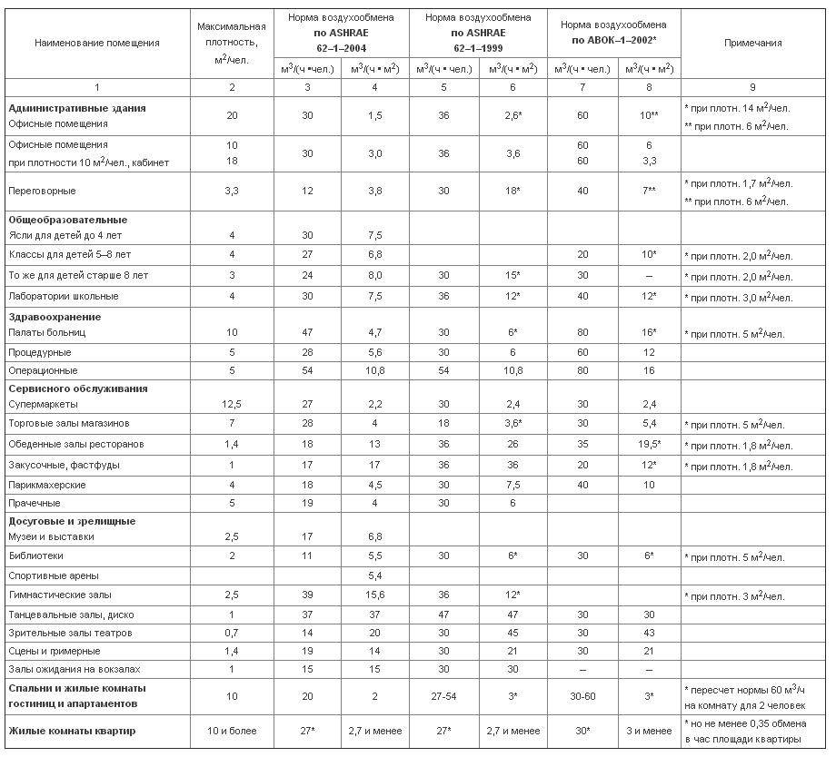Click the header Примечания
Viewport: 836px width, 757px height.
[753, 43]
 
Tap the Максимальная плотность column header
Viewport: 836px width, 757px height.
[232, 43]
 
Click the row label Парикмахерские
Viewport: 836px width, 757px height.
[47, 485]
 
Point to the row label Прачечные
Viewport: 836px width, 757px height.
[35, 503]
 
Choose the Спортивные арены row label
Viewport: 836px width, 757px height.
[54, 575]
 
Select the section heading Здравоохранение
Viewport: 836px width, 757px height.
[55, 317]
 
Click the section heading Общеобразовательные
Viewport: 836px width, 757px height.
[68, 220]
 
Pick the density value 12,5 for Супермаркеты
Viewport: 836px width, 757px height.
[232, 404]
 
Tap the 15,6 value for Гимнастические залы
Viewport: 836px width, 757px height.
[374, 595]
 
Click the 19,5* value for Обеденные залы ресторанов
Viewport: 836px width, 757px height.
[649, 445]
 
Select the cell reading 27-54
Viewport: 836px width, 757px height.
[443, 695]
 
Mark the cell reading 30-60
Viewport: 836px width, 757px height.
[582, 695]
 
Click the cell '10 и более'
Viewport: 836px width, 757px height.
[232, 731]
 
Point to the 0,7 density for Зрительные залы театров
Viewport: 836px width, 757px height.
[232, 633]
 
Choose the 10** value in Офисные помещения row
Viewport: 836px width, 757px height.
[649, 117]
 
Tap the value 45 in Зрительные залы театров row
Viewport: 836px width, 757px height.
[513, 633]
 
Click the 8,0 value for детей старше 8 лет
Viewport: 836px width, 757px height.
[374, 276]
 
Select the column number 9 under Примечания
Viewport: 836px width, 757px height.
[753, 87]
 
